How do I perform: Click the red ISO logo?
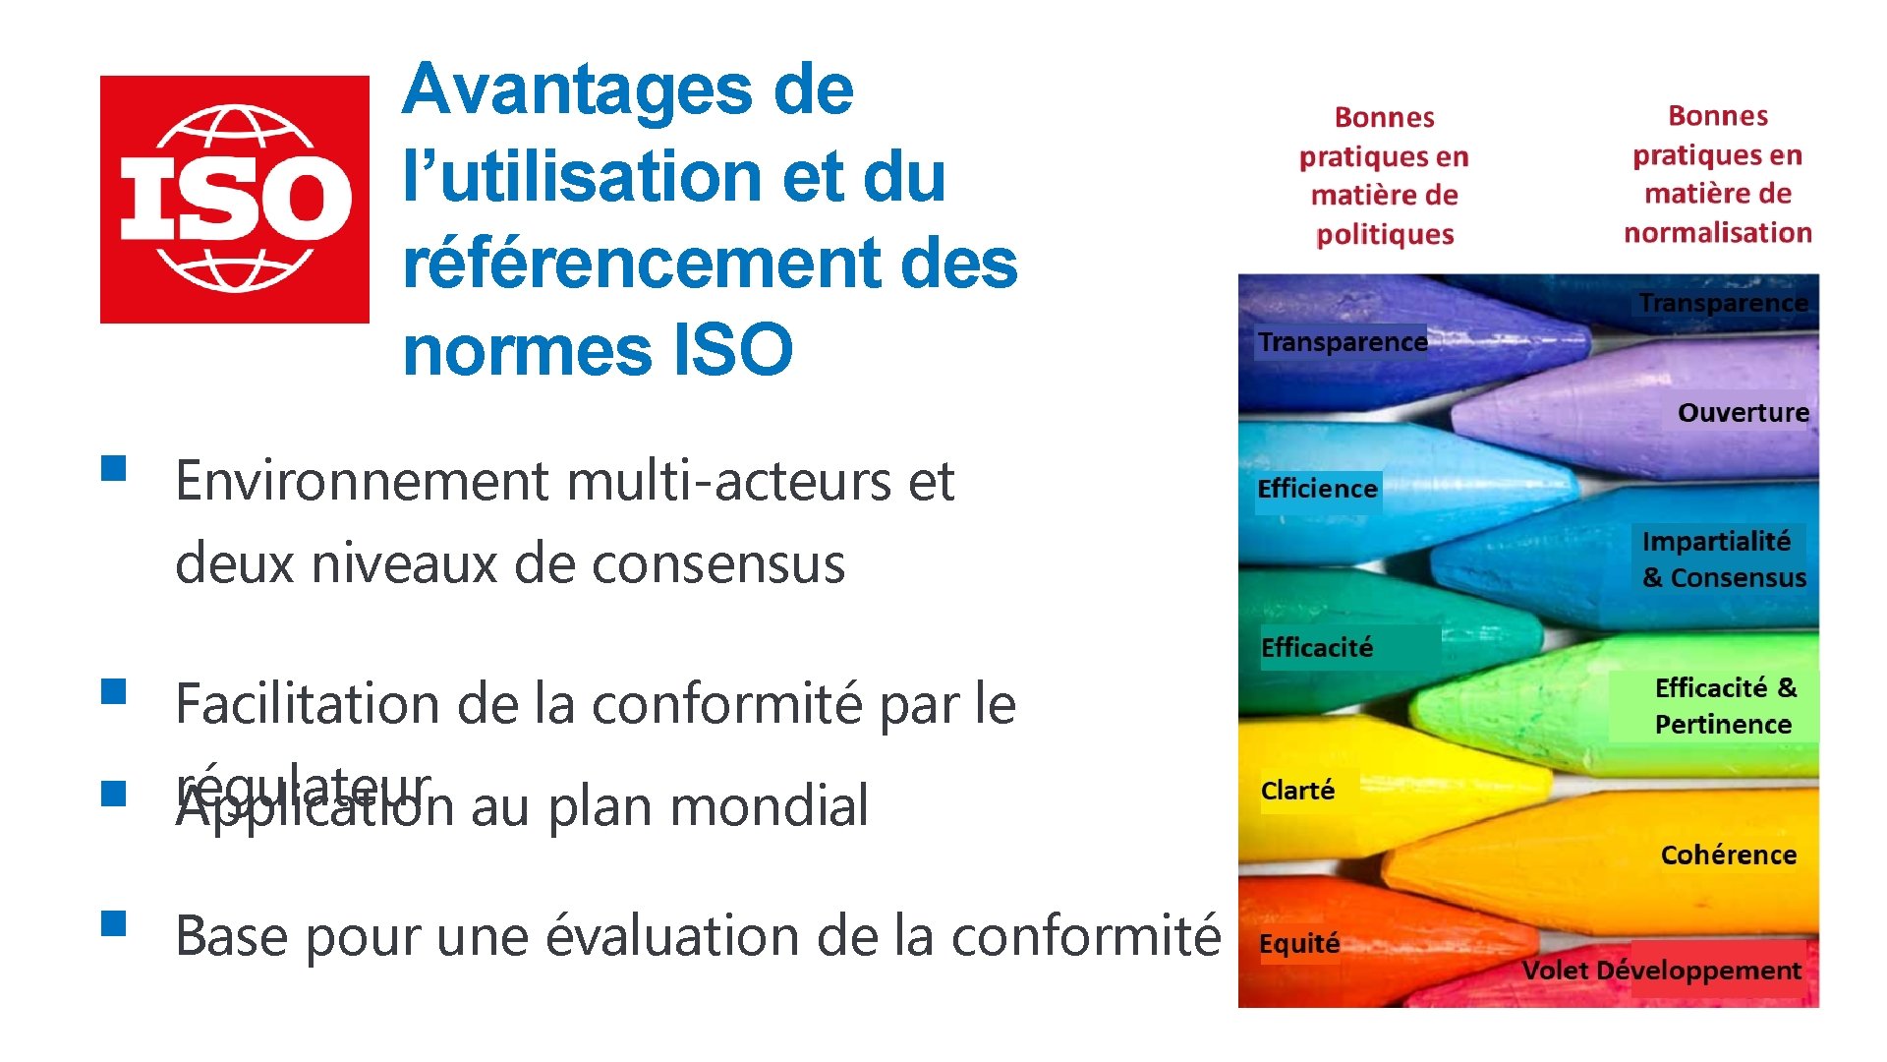[x=234, y=199]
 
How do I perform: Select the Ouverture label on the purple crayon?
[x=1743, y=413]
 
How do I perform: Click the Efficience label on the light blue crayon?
[x=1317, y=490]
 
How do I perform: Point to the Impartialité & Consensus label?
[x=1723, y=560]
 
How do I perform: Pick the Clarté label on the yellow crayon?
[x=1297, y=791]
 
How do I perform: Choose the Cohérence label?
[x=1728, y=855]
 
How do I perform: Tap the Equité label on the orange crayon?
[x=1299, y=944]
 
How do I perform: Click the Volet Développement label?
[x=1661, y=972]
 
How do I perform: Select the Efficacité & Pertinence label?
[x=1725, y=706]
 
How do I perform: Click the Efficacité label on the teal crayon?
[x=1316, y=648]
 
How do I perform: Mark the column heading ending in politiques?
[x=1384, y=176]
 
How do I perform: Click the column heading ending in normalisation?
[x=1718, y=174]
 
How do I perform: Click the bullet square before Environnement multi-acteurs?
[x=114, y=467]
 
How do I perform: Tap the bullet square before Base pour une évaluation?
[x=114, y=922]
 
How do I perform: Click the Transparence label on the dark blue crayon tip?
[x=1343, y=342]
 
